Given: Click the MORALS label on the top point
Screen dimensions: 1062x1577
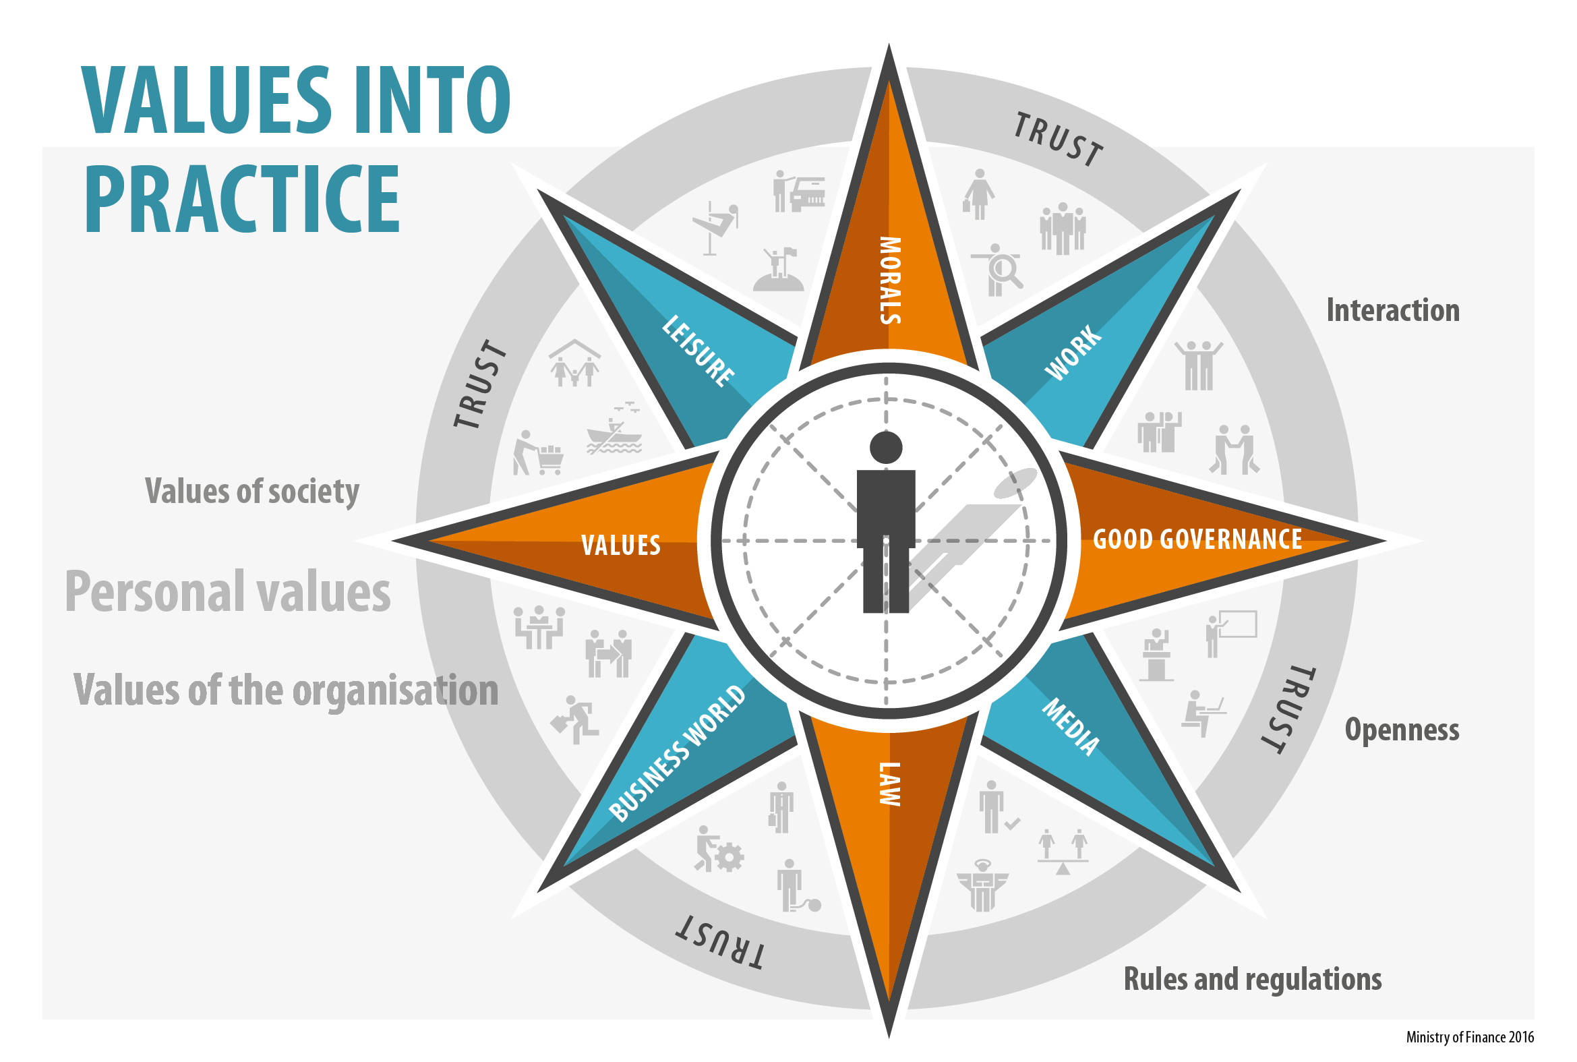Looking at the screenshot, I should point(890,281).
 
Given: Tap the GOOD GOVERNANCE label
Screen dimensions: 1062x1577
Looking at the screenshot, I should point(1197,540).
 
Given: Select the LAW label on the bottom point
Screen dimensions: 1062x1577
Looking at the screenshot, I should point(890,784).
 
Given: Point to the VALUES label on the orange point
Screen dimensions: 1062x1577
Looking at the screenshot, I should point(620,545).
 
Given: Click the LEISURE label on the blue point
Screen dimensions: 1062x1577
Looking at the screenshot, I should point(698,351).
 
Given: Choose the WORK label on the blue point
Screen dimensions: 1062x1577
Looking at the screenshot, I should point(1073,352).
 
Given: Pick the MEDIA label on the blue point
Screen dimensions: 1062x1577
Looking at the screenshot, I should point(1071,728).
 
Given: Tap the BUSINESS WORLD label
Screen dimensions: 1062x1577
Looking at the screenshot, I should point(677,753).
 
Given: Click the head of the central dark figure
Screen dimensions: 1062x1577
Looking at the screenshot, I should point(886,448).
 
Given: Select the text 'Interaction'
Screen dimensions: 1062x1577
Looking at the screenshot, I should point(1392,310).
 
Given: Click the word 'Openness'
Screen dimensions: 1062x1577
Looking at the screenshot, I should point(1401,730).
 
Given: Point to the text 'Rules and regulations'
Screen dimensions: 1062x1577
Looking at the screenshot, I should point(1252,979).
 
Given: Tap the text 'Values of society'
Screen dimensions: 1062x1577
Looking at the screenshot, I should point(252,491).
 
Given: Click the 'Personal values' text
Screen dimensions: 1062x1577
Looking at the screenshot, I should point(227,591).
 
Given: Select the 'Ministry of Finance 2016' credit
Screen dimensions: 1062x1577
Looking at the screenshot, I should point(1469,1037).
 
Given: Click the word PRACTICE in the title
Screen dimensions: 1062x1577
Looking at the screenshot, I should point(242,199).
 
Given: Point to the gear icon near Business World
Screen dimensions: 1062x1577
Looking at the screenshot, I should point(729,858).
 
